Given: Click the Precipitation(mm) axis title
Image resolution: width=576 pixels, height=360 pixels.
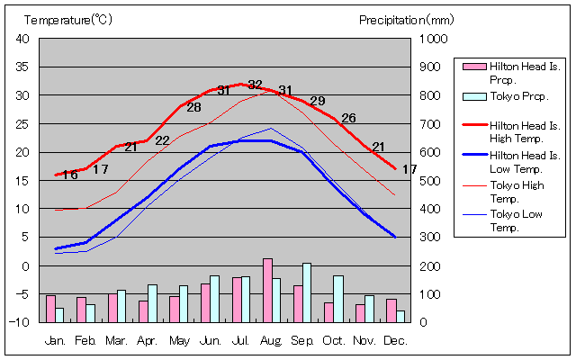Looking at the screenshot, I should pos(407,20).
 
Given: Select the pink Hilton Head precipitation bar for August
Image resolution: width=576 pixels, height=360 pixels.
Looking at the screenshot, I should pos(267,290).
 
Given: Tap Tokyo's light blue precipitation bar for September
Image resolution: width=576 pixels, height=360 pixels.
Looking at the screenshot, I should pos(307,292).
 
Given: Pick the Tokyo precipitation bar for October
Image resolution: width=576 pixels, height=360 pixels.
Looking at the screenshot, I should pos(338,299).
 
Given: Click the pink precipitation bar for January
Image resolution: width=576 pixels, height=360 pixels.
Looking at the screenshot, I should pos(50,309).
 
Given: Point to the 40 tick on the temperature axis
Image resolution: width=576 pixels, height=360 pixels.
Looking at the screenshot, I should pos(23,39).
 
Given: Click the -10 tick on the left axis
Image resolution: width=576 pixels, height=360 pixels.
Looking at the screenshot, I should pos(22,322).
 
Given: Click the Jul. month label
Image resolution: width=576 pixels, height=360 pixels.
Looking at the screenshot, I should pos(240,341).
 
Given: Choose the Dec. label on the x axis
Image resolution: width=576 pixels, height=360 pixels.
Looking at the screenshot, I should pos(395,341).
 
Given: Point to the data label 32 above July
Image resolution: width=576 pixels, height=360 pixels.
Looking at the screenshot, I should pos(256,85).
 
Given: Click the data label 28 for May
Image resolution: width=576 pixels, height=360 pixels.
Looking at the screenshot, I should pos(193,108).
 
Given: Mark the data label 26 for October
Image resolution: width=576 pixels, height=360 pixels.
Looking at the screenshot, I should pos(348,118).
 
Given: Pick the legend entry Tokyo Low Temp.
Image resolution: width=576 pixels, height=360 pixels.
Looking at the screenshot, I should pos(517,220).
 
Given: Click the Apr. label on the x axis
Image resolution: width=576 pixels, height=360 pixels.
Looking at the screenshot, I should pos(148,341).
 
